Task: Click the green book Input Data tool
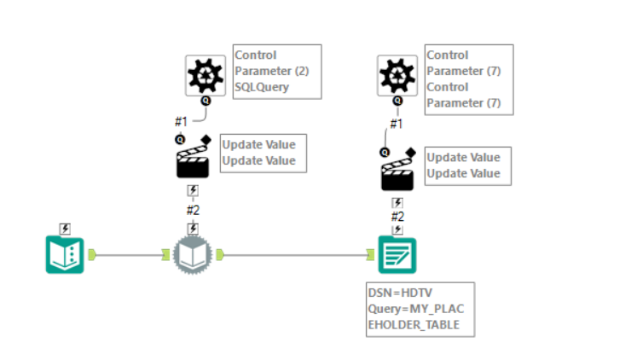tap(65, 254)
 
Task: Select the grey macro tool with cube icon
tap(193, 254)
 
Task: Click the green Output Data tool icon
tap(397, 254)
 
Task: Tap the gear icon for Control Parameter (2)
tap(206, 76)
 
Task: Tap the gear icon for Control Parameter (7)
tap(397, 76)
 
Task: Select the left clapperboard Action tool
tap(193, 158)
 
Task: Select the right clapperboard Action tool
tap(397, 171)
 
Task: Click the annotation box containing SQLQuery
tap(277, 71)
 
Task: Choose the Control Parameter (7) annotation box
tap(469, 78)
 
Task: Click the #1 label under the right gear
tap(396, 124)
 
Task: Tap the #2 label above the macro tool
tap(193, 210)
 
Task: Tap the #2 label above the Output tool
tap(397, 216)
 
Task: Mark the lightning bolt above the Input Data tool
tap(65, 229)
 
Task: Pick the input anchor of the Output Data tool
tap(371, 254)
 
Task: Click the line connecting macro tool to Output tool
tap(294, 254)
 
